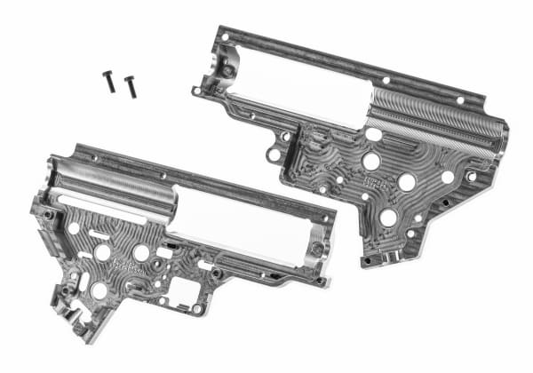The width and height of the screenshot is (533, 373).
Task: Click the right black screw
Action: coord(130,86)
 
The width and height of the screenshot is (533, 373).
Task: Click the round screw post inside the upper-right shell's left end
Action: coord(228,70)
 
